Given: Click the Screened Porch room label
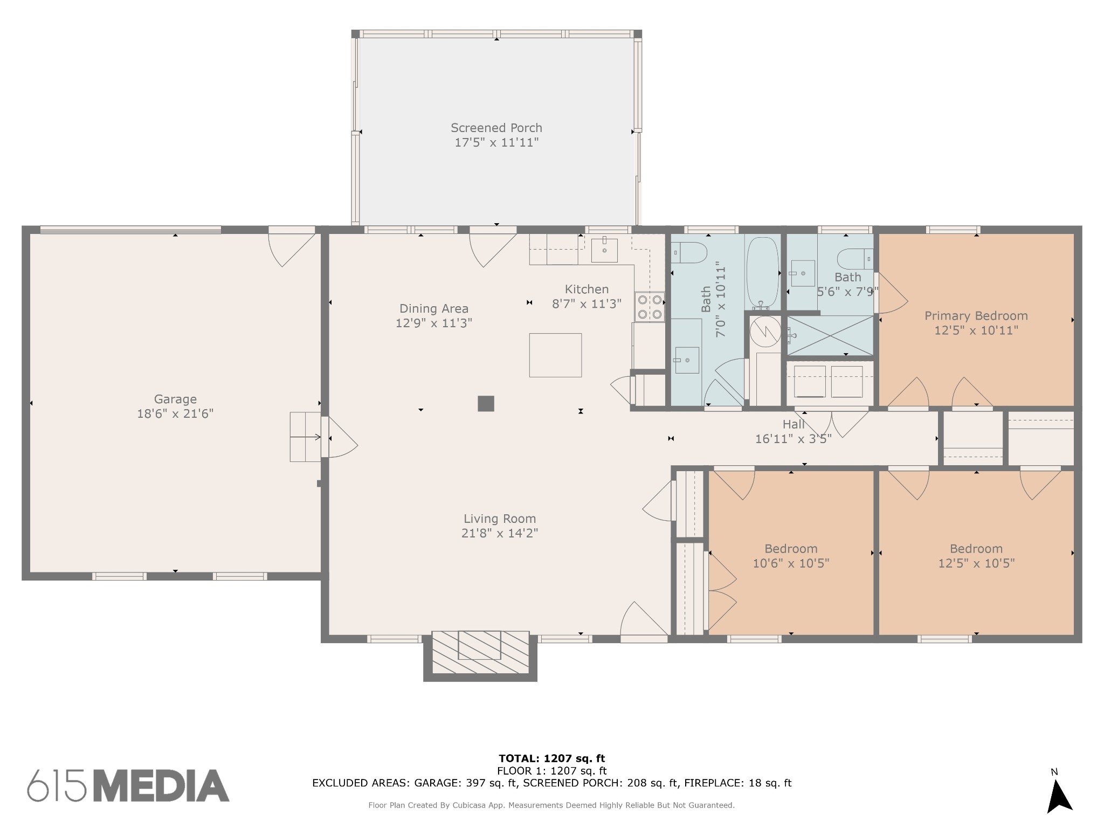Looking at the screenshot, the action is coord(496,128).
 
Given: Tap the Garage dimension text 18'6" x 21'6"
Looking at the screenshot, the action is coord(175,413).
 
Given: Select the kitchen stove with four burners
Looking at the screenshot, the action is coord(650,307).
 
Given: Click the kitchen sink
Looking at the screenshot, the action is coord(604,250).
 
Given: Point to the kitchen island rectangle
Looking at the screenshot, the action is coord(555,355).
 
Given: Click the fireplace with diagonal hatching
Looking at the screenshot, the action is coord(480,653).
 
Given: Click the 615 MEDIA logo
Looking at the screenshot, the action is coord(128,786).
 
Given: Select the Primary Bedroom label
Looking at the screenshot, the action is coord(976,316).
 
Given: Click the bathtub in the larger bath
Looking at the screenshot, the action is coord(762,273).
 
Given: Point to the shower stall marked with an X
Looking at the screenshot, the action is coord(830,335).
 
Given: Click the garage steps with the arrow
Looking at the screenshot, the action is coord(306,437).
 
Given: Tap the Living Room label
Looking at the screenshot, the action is coord(500,519).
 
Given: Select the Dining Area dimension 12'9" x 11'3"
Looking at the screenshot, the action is coord(434,323).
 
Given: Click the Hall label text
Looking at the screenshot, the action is coord(793,424).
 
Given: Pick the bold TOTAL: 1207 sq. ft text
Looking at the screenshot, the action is coord(552,759).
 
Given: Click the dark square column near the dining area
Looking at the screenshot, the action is coord(486,404).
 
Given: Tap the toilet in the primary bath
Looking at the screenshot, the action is coord(855,258).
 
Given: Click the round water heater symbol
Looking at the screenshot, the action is coord(765,331).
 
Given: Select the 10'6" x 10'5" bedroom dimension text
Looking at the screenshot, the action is coord(791,563).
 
